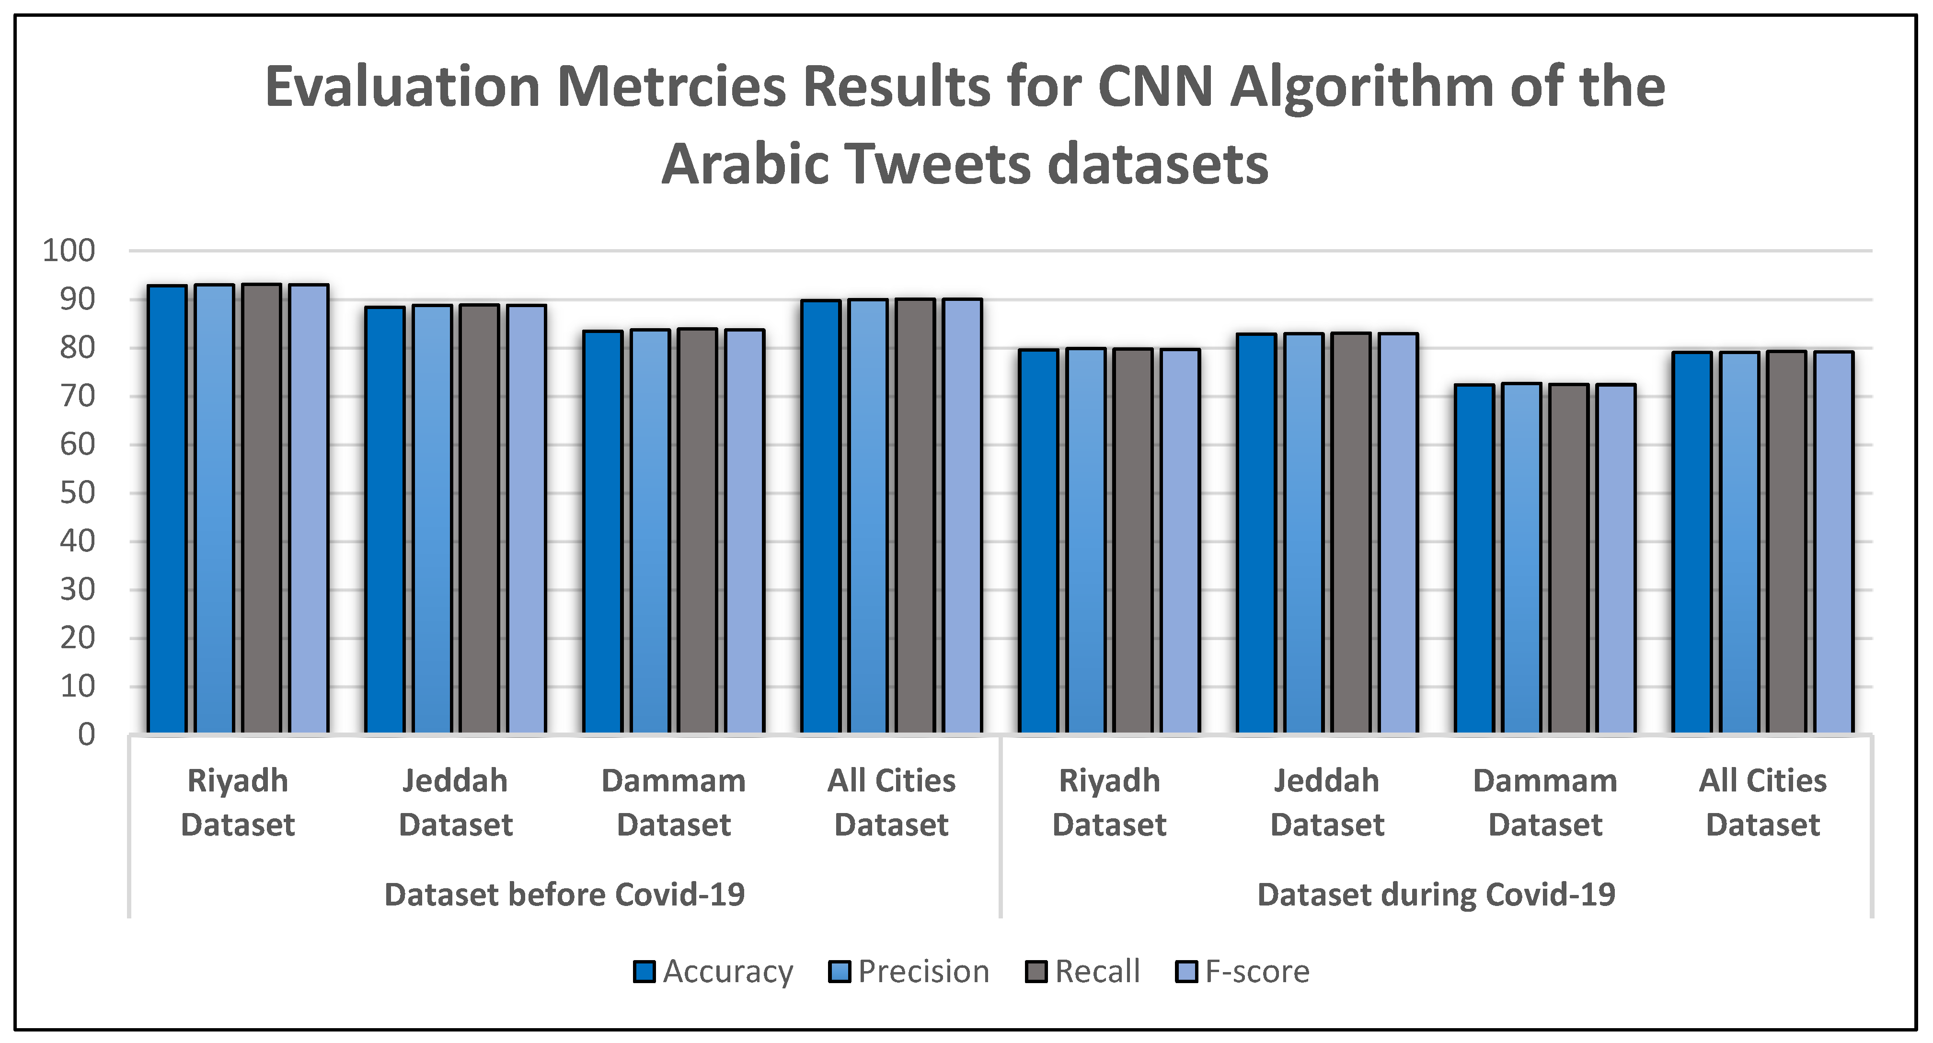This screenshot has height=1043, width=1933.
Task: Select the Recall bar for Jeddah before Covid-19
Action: pyautogui.click(x=480, y=518)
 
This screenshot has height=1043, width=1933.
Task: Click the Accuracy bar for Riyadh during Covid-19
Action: pyautogui.click(x=1038, y=540)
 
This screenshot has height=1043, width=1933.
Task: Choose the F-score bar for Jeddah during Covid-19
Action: pyautogui.click(x=1398, y=533)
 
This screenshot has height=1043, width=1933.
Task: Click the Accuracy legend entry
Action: pyautogui.click(x=713, y=972)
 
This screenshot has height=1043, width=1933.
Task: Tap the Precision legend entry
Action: pyautogui.click(x=909, y=972)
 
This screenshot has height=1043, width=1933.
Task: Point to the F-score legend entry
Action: pyautogui.click(x=1242, y=972)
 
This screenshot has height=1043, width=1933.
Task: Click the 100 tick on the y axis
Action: pyautogui.click(x=69, y=251)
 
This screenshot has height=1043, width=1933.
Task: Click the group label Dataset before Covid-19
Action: pyautogui.click(x=564, y=894)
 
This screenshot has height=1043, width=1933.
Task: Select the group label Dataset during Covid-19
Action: pyautogui.click(x=1436, y=894)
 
